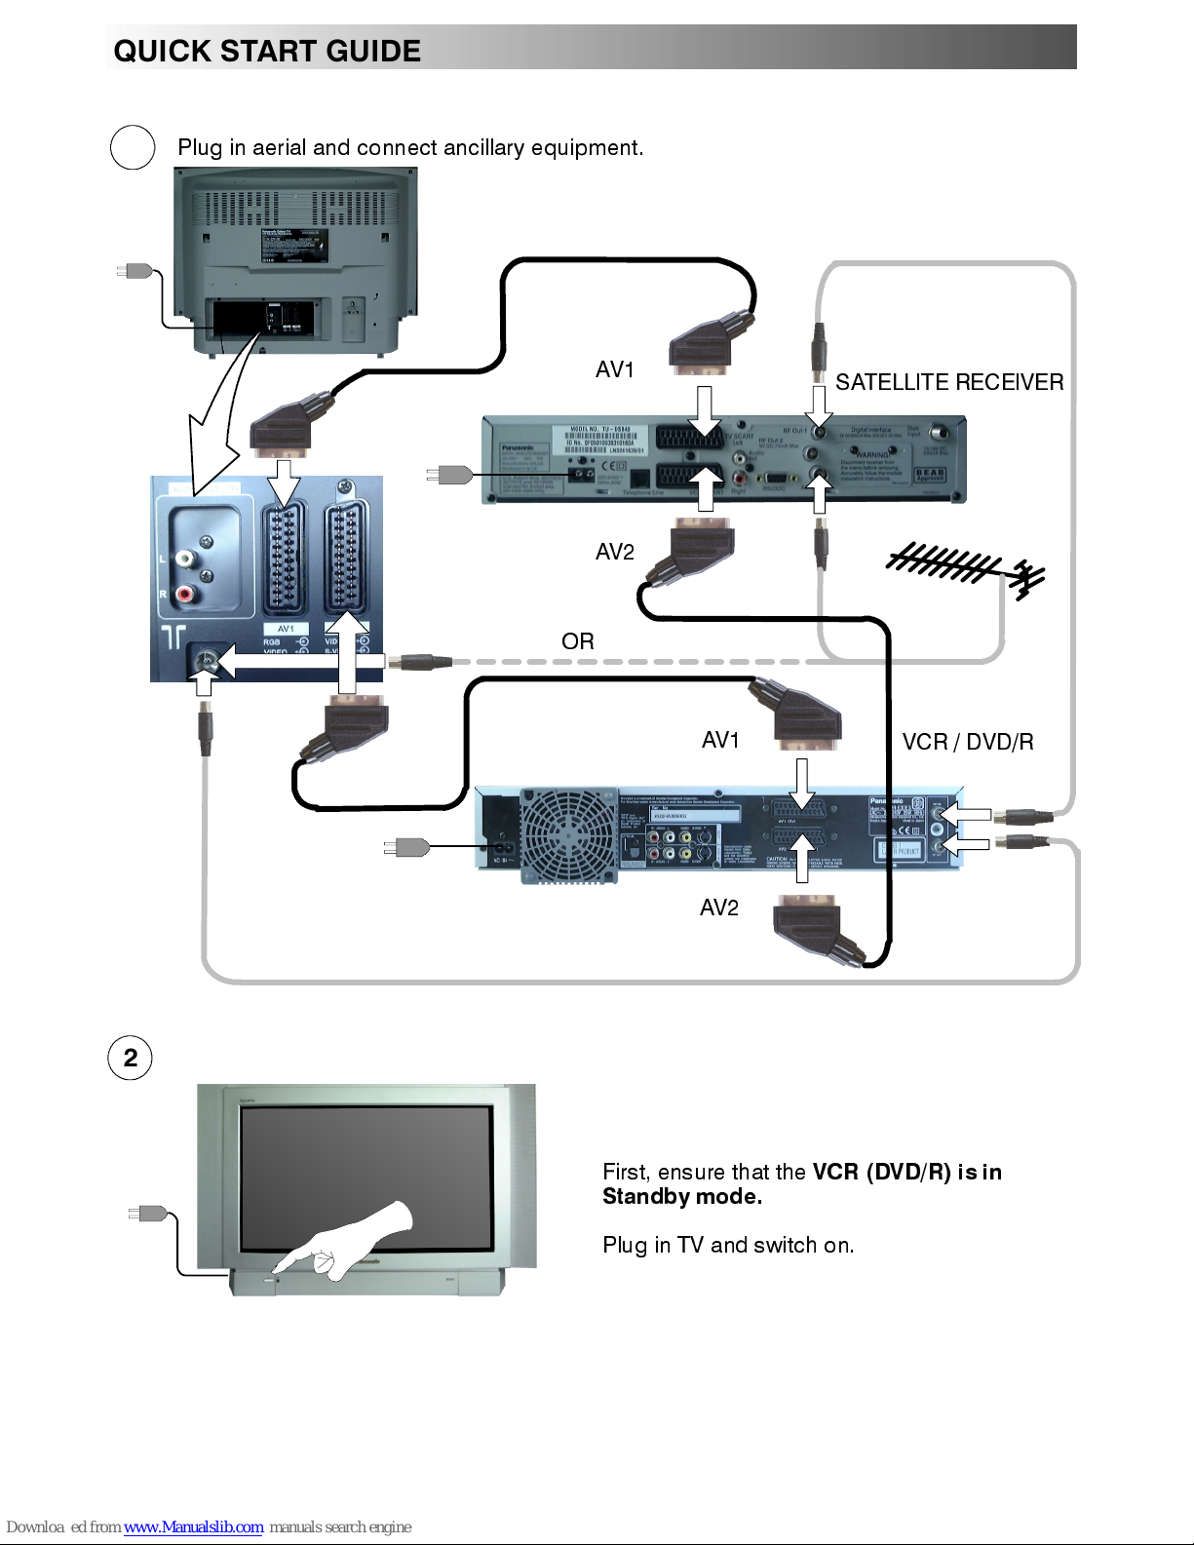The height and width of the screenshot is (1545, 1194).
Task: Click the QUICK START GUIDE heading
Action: click(x=267, y=51)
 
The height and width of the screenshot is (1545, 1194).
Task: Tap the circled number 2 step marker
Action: click(x=131, y=1059)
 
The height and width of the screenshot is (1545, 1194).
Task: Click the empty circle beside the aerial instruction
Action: click(x=133, y=148)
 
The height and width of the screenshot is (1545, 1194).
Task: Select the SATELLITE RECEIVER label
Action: click(x=948, y=382)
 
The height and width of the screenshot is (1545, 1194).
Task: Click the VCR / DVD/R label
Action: click(x=967, y=742)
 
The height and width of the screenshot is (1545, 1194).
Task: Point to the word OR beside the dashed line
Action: click(x=577, y=641)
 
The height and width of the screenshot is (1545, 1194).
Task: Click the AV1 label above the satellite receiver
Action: click(x=614, y=369)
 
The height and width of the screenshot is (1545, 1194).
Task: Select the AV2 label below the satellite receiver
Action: click(x=614, y=552)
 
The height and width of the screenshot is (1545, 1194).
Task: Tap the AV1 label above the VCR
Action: click(x=720, y=740)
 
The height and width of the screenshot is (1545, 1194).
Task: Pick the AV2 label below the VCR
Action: click(x=718, y=908)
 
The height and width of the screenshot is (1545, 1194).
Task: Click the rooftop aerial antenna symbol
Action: click(x=965, y=569)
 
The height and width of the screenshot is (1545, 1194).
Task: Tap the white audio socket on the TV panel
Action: click(x=185, y=559)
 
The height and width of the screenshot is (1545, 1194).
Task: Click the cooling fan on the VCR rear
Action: click(x=569, y=835)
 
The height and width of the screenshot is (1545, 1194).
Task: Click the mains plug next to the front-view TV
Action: click(x=149, y=1214)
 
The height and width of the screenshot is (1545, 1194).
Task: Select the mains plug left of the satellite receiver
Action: click(x=449, y=475)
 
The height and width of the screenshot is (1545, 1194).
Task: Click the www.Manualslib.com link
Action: click(x=193, y=1526)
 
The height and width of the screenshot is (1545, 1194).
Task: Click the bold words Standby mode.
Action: click(x=681, y=1197)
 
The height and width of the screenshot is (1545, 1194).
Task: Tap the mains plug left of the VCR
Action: click(x=407, y=847)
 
